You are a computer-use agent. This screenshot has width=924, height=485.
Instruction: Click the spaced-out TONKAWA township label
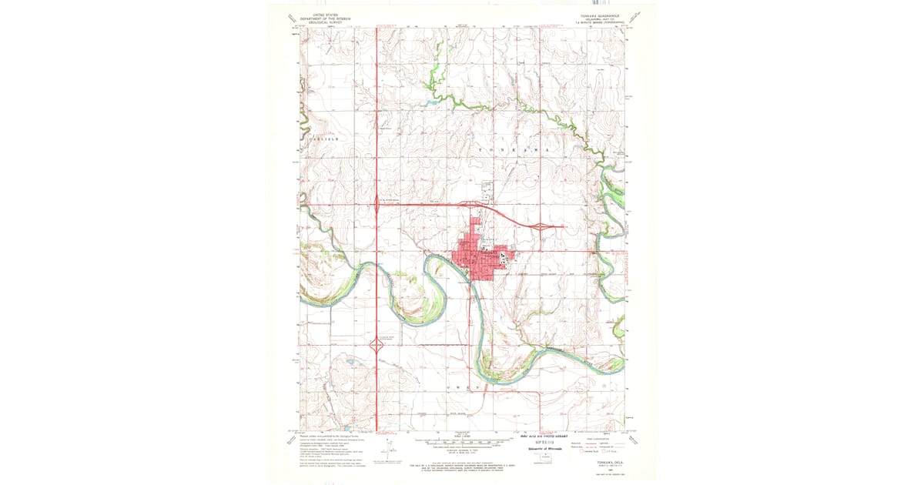tap(514, 148)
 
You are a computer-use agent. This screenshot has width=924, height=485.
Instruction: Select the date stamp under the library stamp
tap(543, 443)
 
